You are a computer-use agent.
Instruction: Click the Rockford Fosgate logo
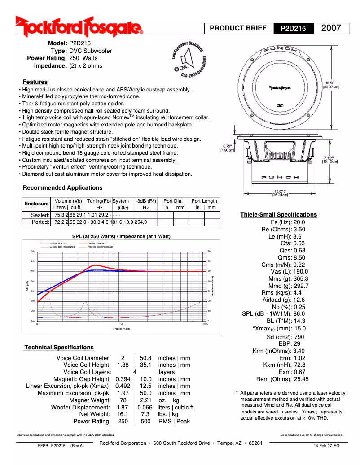click(x=79, y=27)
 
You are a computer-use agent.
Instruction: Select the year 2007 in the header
click(x=331, y=28)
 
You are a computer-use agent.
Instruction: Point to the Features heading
click(x=35, y=82)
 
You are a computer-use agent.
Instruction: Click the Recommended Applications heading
click(x=62, y=188)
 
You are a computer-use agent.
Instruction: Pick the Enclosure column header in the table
click(x=36, y=204)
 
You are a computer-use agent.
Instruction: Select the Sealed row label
click(x=40, y=215)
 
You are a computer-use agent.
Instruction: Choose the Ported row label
click(x=40, y=222)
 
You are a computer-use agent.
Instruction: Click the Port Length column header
click(x=204, y=201)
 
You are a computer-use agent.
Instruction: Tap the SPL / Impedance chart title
click(x=121, y=236)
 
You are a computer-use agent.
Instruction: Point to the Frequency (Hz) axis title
click(x=121, y=329)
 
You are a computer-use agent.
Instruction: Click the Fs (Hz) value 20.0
click(x=299, y=222)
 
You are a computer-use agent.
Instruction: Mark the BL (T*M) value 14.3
click(x=299, y=321)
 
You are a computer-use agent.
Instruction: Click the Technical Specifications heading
click(x=59, y=348)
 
